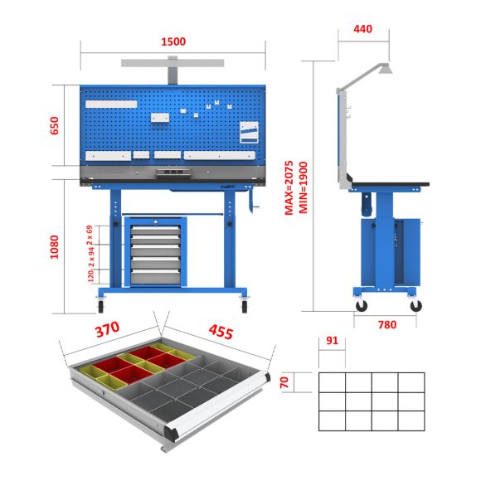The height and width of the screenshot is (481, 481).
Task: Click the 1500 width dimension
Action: tap(173, 41)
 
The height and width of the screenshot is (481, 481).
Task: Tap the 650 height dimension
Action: tap(55, 125)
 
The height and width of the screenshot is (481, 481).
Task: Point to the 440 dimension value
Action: tap(362, 29)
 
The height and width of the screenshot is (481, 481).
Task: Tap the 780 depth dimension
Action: tap(386, 325)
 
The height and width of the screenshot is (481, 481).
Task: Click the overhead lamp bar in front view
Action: tap(173, 62)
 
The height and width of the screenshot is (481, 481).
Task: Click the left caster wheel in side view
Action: tap(362, 305)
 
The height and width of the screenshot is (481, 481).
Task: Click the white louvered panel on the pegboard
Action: tap(249, 133)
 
